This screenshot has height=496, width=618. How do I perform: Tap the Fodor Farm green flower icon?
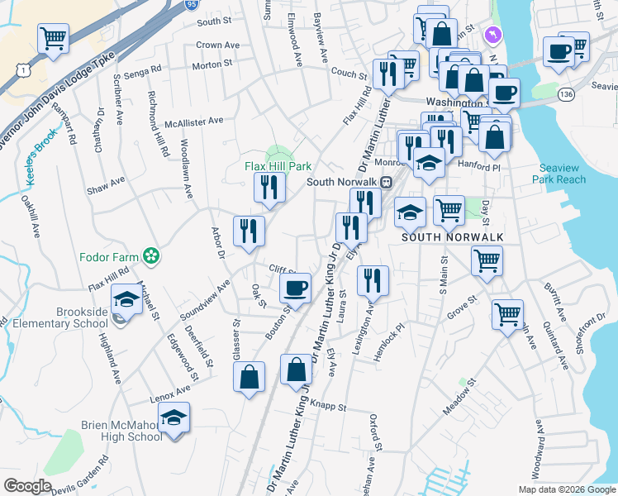[x=150, y=256]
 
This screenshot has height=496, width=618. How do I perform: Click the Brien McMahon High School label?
[x=121, y=431]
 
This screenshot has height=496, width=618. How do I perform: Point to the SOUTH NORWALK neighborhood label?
[x=452, y=236]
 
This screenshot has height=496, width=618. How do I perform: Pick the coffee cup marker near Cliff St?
[x=295, y=288]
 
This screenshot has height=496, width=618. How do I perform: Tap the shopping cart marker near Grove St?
[x=507, y=313]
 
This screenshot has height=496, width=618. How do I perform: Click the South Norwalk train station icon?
[x=386, y=182]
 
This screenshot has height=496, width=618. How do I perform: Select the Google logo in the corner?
[x=27, y=485]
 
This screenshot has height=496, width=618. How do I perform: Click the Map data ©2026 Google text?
[x=567, y=489]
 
